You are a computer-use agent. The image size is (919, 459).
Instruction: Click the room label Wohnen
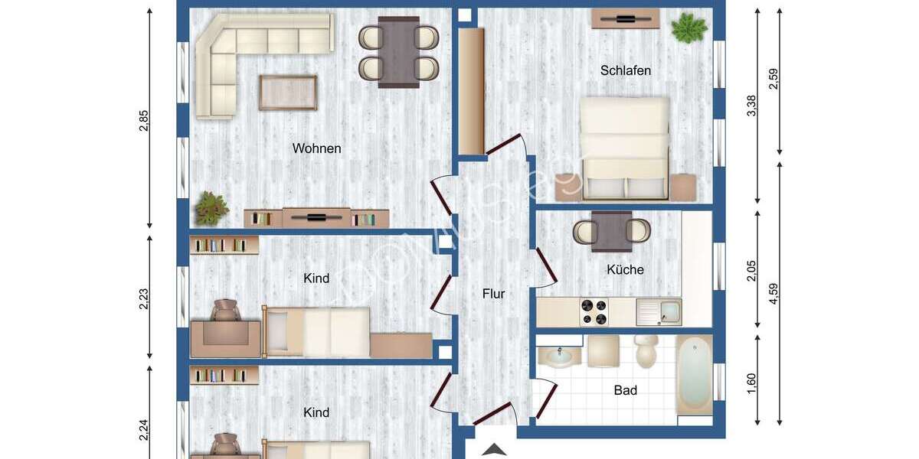point(316,148)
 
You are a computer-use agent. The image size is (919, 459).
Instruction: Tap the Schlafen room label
point(626,70)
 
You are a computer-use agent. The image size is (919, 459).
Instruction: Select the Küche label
point(625,269)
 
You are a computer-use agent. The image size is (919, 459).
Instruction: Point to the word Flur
point(493,293)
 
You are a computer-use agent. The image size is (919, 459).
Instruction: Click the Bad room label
point(625,390)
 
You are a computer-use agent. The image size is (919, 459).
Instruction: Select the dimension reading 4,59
point(773,294)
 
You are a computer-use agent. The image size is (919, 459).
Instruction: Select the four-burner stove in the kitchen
point(594,312)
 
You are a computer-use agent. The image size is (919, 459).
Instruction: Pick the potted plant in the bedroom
point(688,28)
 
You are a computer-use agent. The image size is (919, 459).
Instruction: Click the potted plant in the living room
point(211,207)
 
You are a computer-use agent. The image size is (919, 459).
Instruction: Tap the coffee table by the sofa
point(287,93)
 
